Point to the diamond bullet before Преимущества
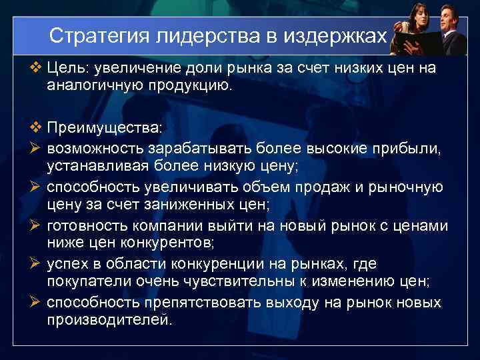pyautogui.click(x=36, y=126)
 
